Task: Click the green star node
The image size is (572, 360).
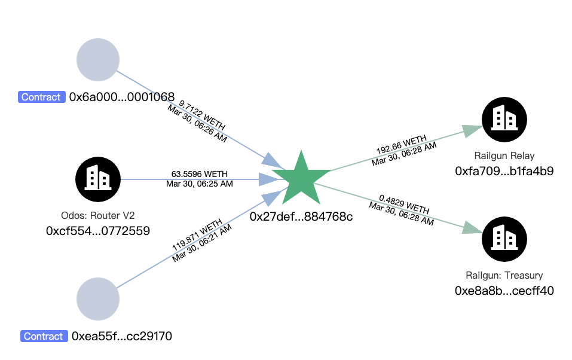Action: [x=301, y=179]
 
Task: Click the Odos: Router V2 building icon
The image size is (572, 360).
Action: [x=98, y=179]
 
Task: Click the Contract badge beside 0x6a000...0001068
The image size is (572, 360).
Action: [x=41, y=97]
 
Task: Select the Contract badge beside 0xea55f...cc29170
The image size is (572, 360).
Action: [x=44, y=336]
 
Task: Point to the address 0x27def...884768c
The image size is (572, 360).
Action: [x=301, y=216]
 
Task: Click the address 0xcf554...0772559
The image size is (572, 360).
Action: [x=98, y=231]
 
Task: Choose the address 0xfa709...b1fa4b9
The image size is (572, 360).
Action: [x=504, y=172]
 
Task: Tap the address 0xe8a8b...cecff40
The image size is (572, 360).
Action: [x=504, y=291]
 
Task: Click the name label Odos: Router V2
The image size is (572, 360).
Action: [x=98, y=215]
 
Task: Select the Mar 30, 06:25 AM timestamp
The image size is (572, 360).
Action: [x=199, y=184]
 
